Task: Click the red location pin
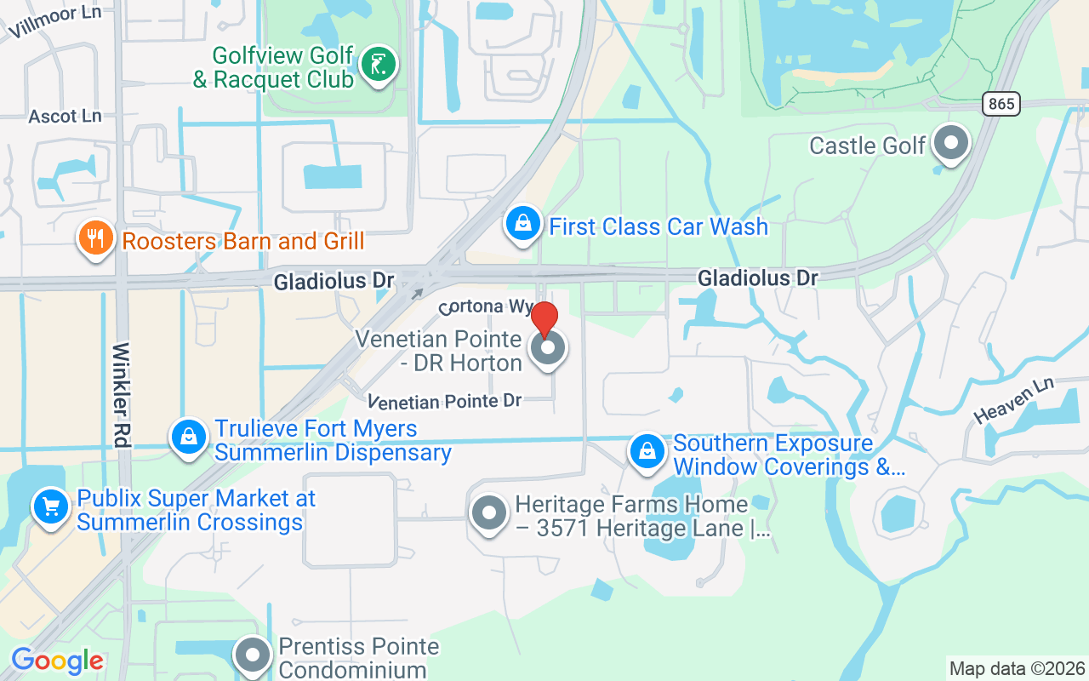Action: pos(544,320)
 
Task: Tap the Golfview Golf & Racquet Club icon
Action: pos(378,65)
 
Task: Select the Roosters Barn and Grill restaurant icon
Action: pos(95,239)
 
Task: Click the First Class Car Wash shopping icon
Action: pos(523,225)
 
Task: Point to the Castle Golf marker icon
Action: pos(951,143)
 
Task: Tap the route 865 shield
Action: pos(1002,104)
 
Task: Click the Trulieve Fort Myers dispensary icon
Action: pos(189,438)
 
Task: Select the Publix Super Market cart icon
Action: pos(51,507)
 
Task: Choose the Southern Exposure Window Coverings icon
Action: pos(647,452)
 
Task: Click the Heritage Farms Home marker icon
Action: pos(489,513)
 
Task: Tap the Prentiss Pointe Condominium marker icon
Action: pos(253,655)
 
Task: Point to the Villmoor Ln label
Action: pos(55,22)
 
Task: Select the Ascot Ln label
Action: pos(65,117)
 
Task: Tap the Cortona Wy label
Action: pos(486,306)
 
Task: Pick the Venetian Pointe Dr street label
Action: pos(444,401)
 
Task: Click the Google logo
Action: pos(57,661)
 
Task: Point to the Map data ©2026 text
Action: pos(1017,668)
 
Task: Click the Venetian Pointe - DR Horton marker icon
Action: pos(549,348)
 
